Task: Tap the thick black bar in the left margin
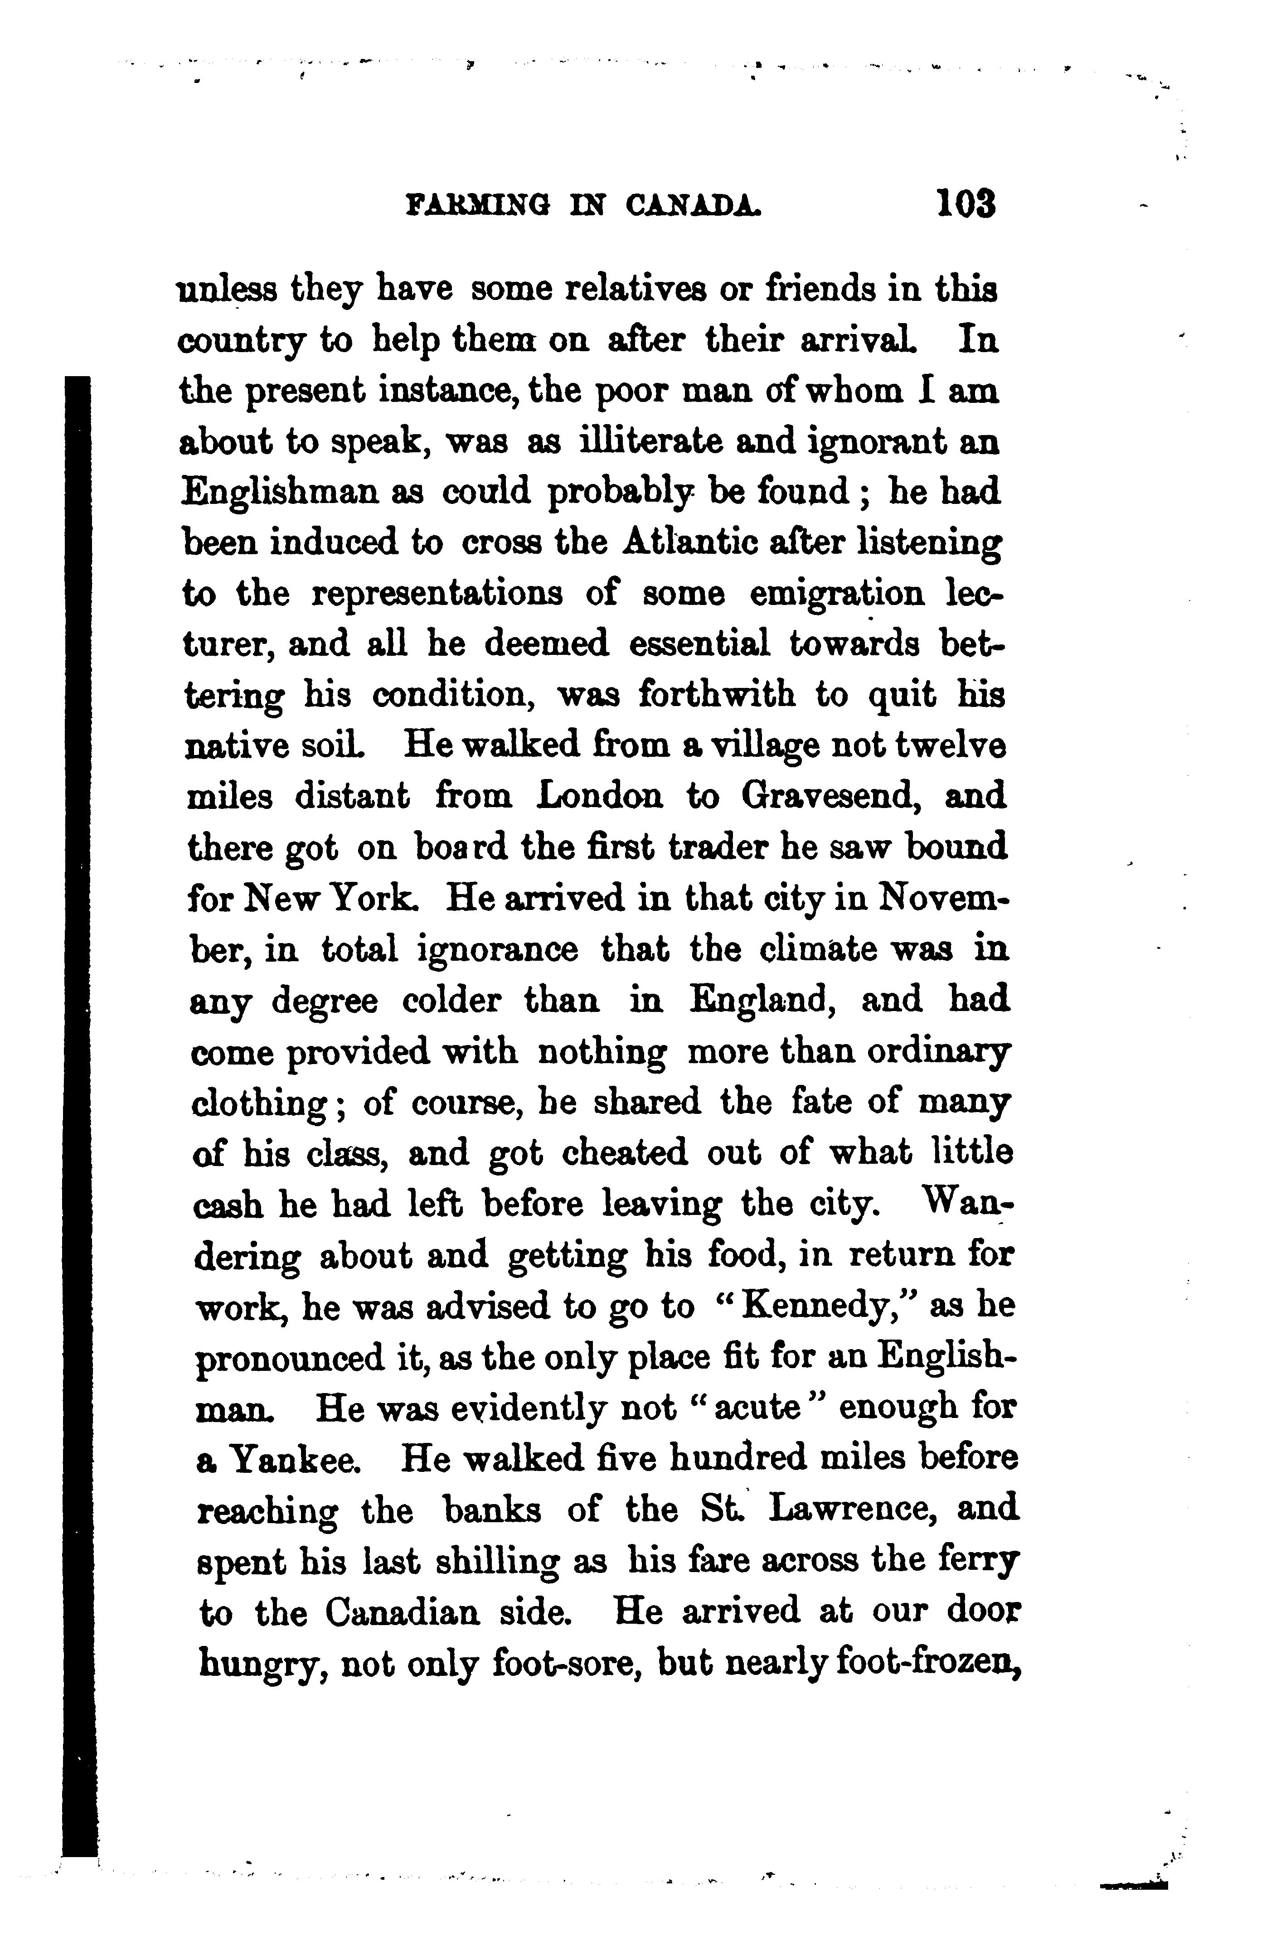pyautogui.click(x=79, y=1065)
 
